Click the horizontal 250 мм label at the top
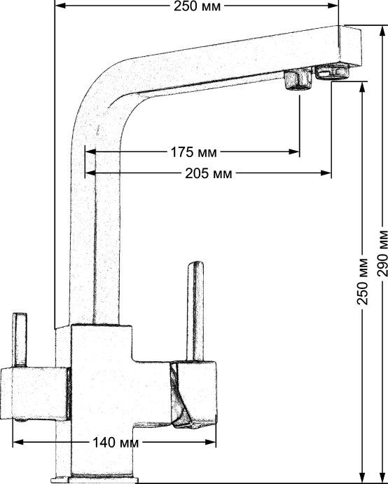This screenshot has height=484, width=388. pos(198,7)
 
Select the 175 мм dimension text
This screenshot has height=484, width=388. pos(193,152)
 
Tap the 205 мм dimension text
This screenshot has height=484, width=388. pos(209,173)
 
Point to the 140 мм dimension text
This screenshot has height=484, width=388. pos(115,443)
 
